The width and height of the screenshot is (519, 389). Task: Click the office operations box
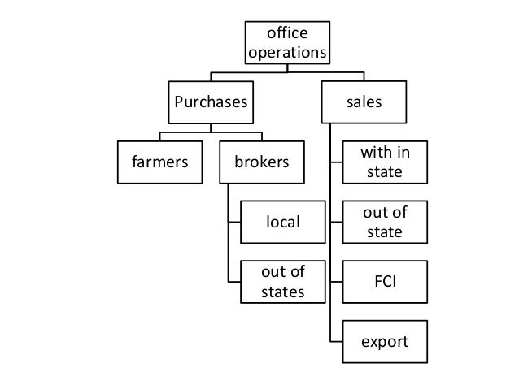(x=288, y=42)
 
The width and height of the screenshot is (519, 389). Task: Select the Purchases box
(x=211, y=102)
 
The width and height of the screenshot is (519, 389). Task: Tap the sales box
(x=364, y=102)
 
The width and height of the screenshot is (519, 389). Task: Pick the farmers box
(x=159, y=162)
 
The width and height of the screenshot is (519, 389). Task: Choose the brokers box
(x=261, y=162)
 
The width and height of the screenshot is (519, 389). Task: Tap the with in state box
(x=385, y=162)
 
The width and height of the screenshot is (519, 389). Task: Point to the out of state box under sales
(x=385, y=222)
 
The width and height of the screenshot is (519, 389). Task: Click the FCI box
(x=385, y=281)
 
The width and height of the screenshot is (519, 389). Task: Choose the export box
(x=385, y=341)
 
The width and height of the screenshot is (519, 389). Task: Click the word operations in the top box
(x=288, y=53)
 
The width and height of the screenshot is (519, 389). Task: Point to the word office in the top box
(x=288, y=32)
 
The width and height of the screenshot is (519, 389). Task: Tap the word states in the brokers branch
(x=283, y=291)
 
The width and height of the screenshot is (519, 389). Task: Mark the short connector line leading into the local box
(x=234, y=222)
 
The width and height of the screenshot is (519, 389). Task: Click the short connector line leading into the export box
(x=337, y=341)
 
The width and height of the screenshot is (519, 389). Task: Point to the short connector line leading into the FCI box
(x=337, y=281)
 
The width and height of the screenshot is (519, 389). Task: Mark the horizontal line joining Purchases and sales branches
(x=287, y=73)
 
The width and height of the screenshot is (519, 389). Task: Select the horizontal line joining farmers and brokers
(x=211, y=132)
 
